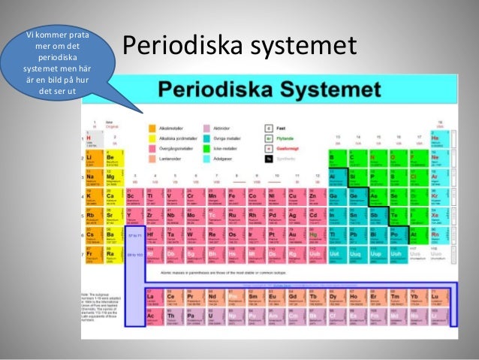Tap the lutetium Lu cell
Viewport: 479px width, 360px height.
point(436,297)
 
